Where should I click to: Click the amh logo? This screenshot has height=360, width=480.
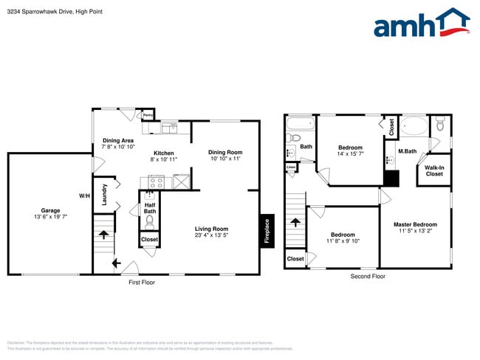coord(421,24)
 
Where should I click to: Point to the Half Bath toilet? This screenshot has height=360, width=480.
coord(148,219)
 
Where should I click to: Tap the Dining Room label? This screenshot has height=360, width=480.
coord(225,152)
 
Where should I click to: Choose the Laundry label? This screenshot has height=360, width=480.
coord(104,195)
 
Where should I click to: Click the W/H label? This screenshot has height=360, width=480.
coord(84,195)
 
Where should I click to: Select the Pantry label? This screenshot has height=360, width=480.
coord(148,115)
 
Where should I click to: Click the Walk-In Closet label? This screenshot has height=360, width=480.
coord(433,170)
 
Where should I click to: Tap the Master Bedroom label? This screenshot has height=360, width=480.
coord(414,224)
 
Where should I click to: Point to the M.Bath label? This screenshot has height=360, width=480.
coord(407,151)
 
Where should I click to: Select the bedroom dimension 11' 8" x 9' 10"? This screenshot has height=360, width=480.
coord(343,241)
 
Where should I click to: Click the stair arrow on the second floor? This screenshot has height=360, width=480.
coord(295,221)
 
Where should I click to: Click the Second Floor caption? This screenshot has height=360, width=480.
coord(368,276)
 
